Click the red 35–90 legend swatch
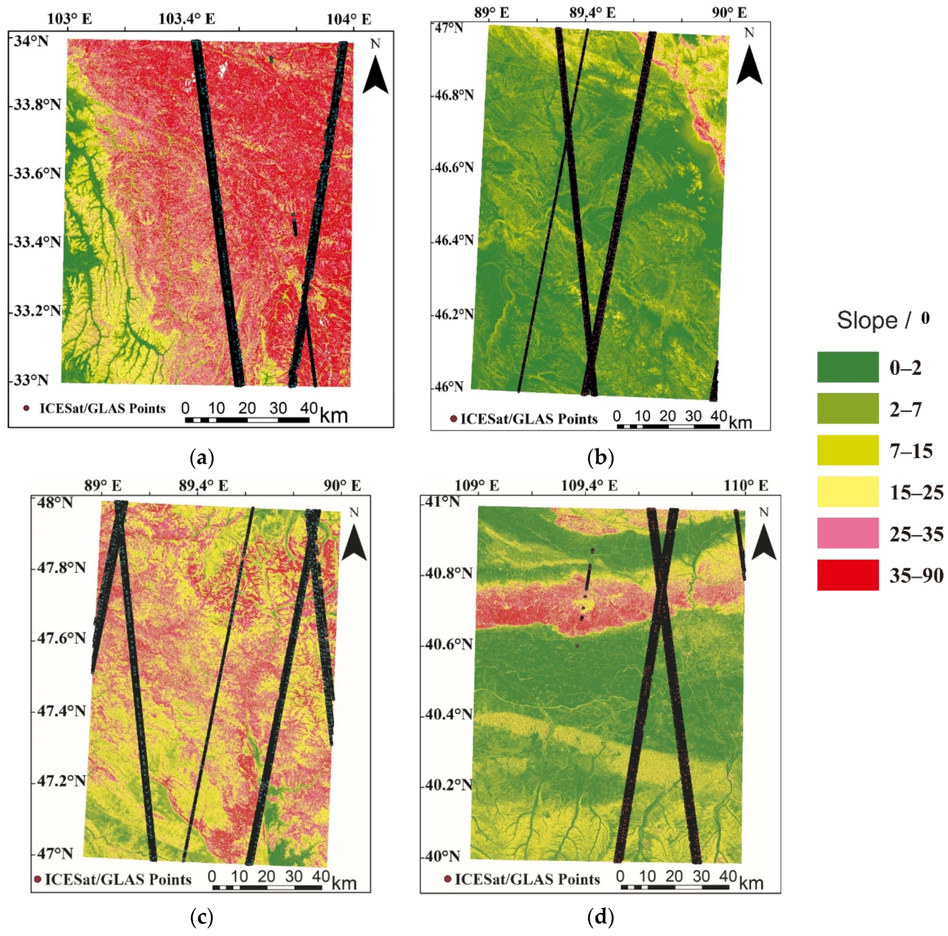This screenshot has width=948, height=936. [847, 575]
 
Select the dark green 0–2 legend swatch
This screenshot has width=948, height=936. [847, 367]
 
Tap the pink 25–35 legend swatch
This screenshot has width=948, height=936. [847, 533]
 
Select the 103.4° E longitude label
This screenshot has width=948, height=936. [187, 19]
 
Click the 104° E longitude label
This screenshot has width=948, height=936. [349, 19]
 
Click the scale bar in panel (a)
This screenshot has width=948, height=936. [247, 420]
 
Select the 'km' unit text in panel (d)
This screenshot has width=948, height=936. [751, 884]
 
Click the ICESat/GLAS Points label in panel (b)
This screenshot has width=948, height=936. [529, 419]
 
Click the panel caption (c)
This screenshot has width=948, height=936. [201, 916]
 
